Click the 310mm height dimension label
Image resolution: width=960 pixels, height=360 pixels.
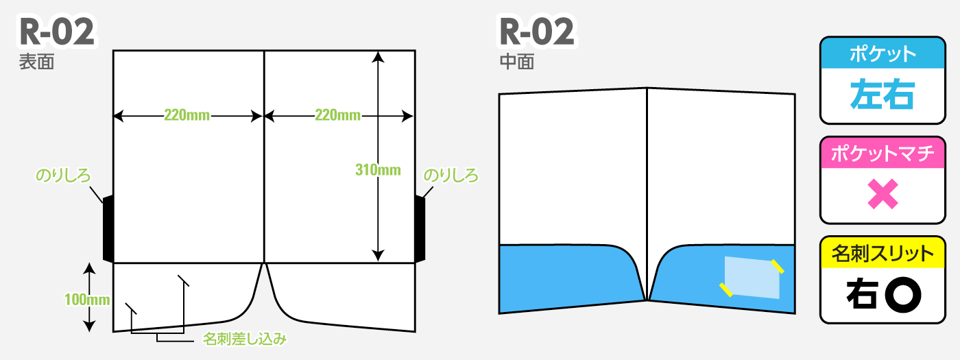tap(378, 170)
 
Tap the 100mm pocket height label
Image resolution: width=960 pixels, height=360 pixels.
tap(87, 299)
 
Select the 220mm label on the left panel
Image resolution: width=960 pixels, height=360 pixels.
tap(187, 115)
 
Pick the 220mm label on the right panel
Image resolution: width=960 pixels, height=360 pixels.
tap(337, 115)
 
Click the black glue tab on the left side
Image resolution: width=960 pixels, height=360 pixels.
tap(108, 228)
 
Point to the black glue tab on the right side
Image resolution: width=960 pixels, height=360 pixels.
tap(420, 228)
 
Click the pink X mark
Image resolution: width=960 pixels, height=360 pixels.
tap(883, 194)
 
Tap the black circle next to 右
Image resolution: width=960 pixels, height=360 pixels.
tap(903, 296)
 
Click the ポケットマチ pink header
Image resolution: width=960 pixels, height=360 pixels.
tap(883, 153)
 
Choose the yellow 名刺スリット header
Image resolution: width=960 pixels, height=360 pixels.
tap(883, 253)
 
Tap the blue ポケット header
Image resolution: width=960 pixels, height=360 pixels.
tap(883, 53)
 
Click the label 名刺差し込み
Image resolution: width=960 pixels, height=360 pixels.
tap(244, 339)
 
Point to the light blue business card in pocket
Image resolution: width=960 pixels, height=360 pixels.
tap(752, 277)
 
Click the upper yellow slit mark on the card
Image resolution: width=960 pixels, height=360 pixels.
tap(778, 267)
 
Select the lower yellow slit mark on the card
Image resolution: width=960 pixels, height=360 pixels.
tap(726, 289)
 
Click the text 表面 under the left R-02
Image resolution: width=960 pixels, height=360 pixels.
tap(36, 62)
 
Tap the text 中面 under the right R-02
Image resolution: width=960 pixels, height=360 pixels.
tap(517, 62)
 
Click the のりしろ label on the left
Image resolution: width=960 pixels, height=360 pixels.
tap(63, 176)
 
